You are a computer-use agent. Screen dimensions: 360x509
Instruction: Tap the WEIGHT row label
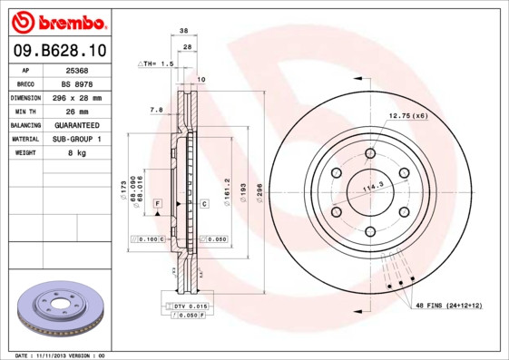[24, 153]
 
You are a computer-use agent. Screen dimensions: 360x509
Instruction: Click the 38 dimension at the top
[184, 30]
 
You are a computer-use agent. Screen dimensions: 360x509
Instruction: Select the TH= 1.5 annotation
[156, 64]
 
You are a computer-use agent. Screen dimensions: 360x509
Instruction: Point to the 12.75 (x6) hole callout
[407, 116]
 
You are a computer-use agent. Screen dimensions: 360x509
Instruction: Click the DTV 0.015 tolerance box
[191, 307]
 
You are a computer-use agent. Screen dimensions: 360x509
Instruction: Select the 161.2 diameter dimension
[227, 192]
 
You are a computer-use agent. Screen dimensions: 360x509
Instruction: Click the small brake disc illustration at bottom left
[62, 308]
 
